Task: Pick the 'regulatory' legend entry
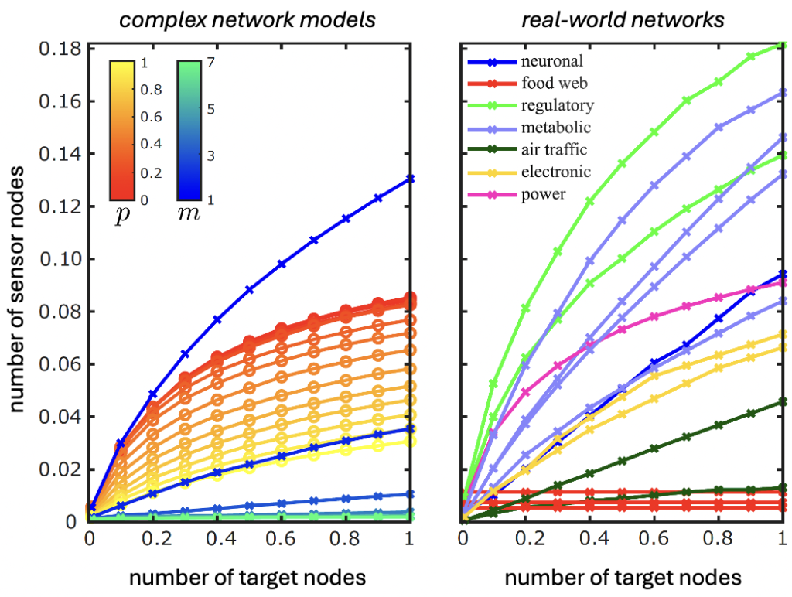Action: [557, 105]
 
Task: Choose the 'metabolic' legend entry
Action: [556, 128]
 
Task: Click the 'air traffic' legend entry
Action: [554, 150]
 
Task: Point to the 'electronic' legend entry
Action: [556, 172]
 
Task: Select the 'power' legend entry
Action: [544, 194]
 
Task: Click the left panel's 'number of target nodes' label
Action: [247, 577]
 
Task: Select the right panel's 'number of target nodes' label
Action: [623, 577]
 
